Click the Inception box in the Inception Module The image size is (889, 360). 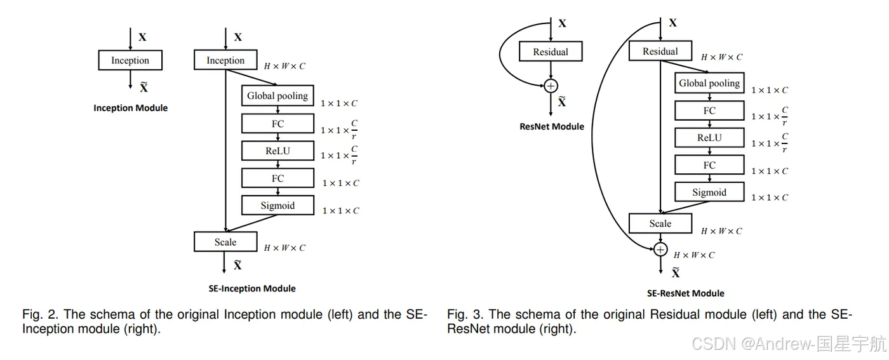click(130, 60)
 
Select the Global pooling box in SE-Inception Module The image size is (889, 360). click(277, 96)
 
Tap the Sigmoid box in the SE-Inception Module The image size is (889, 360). click(277, 205)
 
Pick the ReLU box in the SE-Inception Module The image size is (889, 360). click(277, 150)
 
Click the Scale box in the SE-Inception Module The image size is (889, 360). click(225, 242)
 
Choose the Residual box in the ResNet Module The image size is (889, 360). click(551, 52)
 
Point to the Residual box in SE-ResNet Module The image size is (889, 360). click(660, 51)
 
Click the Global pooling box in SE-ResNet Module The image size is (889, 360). click(709, 83)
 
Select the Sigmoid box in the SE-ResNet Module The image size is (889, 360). click(709, 192)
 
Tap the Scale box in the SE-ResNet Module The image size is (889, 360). click(660, 223)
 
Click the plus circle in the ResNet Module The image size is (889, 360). click(551, 86)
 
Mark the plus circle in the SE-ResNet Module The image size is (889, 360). click(660, 250)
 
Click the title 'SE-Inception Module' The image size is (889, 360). click(252, 288)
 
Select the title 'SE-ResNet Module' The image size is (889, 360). click(685, 293)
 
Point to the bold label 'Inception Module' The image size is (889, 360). click(131, 108)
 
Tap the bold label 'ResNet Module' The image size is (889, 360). click(552, 126)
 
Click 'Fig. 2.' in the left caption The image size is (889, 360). click(40, 314)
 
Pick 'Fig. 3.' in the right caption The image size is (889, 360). click(465, 314)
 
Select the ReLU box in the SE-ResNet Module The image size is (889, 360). click(709, 138)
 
